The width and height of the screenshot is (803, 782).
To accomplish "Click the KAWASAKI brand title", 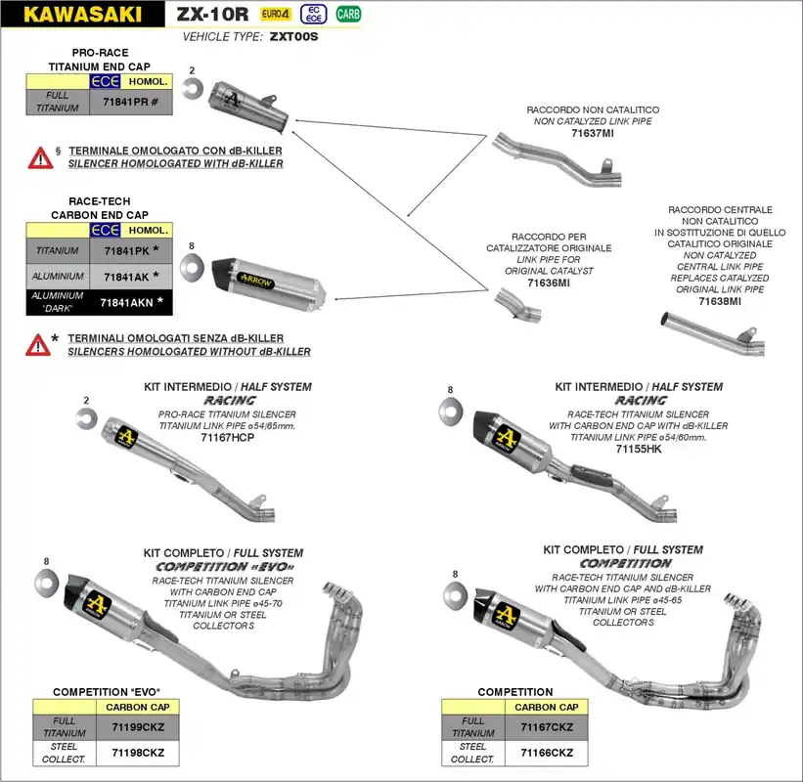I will pyautogui.click(x=81, y=15).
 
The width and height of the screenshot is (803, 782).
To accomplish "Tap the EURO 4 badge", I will pyautogui.click(x=276, y=14).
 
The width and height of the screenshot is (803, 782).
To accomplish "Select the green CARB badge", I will pyautogui.click(x=348, y=14).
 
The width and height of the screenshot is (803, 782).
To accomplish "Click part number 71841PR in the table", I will pyautogui.click(x=130, y=102).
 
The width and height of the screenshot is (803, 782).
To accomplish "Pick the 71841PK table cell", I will pyautogui.click(x=130, y=251).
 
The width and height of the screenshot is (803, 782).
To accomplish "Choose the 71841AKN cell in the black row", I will pyautogui.click(x=131, y=303).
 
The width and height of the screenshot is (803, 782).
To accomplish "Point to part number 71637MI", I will pyautogui.click(x=593, y=132).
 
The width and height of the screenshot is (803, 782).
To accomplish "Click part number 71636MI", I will pyautogui.click(x=548, y=282).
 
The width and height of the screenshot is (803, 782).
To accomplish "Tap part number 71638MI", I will pyautogui.click(x=720, y=302).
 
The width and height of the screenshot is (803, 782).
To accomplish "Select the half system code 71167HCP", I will pyautogui.click(x=227, y=439).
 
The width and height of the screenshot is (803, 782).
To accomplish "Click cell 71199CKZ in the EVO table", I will pyautogui.click(x=138, y=727).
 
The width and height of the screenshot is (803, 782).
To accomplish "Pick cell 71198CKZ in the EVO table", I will pyautogui.click(x=138, y=753).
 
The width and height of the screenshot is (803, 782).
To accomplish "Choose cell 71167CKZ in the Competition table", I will pyautogui.click(x=547, y=727).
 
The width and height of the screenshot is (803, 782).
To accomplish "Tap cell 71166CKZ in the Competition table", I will pyautogui.click(x=547, y=753).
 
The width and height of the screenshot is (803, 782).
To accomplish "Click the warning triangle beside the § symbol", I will pyautogui.click(x=40, y=156).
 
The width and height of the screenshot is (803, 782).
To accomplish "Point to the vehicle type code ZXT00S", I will pyautogui.click(x=293, y=36).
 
